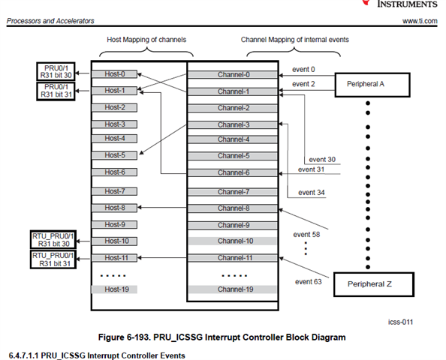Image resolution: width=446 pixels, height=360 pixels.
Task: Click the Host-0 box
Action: (114, 74)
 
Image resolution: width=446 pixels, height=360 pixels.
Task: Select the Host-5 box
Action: (114, 155)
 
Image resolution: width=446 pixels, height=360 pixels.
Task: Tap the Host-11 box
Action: (114, 258)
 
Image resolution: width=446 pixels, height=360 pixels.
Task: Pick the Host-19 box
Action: (114, 289)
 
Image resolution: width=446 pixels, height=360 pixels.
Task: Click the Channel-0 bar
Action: (233, 75)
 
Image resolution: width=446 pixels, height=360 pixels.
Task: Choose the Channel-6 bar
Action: (233, 172)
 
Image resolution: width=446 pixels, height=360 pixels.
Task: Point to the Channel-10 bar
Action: (233, 241)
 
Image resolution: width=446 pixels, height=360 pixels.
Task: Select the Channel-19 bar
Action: (233, 289)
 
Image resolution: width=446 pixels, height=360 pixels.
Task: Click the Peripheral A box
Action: (372, 85)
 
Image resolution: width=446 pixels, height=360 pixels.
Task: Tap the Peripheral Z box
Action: (374, 284)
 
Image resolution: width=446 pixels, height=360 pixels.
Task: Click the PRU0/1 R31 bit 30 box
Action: (56, 71)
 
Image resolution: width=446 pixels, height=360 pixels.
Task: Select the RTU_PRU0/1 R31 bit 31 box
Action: (53, 259)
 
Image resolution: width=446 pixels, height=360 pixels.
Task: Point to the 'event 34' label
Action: (311, 193)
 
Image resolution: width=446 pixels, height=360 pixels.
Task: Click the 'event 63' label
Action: (309, 282)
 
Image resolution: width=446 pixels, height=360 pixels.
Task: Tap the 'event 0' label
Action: (303, 70)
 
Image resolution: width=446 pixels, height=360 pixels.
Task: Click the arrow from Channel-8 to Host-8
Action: (162, 208)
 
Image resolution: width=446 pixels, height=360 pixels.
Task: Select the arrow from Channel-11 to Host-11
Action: (162, 258)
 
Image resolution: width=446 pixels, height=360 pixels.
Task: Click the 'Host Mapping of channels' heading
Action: (146, 40)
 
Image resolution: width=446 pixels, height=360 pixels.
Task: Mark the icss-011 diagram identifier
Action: (400, 322)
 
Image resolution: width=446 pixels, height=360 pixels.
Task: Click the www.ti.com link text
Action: (420, 21)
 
